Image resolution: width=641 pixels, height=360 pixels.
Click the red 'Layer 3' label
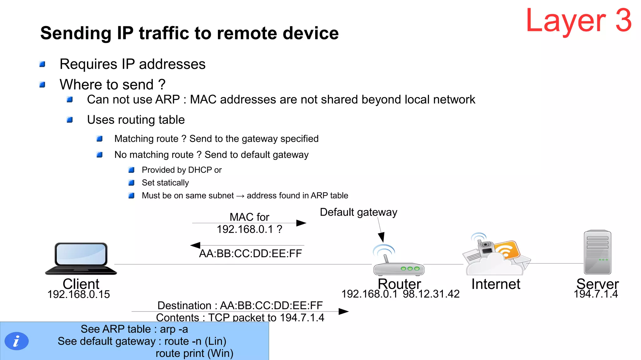tap(578, 21)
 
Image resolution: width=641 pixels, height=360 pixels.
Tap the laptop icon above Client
tap(81, 258)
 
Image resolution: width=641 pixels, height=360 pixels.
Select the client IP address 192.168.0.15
tap(79, 294)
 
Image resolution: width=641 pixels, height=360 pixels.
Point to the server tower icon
tap(597, 252)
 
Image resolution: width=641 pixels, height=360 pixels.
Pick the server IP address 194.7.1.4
tap(596, 294)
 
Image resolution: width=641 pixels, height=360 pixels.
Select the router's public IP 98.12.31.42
tap(431, 294)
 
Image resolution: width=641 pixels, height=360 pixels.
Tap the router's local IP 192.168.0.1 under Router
tap(369, 294)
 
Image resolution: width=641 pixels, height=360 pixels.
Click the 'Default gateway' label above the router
tap(358, 212)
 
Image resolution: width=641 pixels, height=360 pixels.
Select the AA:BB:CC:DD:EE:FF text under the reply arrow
tap(250, 253)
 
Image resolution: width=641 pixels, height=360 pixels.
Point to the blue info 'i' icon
tap(17, 341)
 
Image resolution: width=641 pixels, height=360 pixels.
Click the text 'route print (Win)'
tap(194, 353)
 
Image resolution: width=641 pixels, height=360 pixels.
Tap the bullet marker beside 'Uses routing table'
tap(70, 120)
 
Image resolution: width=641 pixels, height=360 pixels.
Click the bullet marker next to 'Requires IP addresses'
tap(42, 64)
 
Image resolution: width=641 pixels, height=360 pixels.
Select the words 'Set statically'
tap(165, 183)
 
